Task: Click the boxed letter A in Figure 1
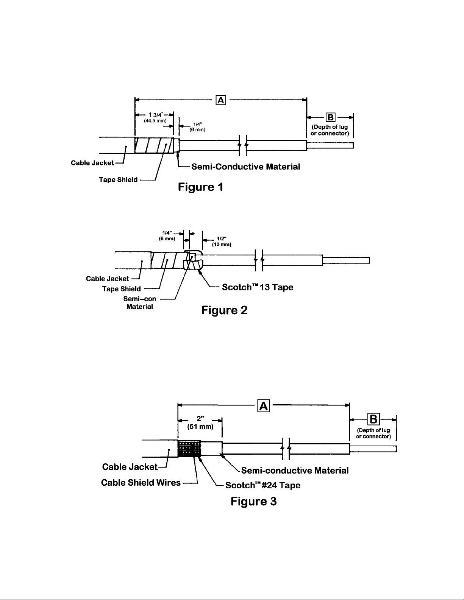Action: tap(221, 100)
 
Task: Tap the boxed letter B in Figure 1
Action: tap(330, 117)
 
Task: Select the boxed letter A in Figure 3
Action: tap(264, 405)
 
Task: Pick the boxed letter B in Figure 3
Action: tap(373, 419)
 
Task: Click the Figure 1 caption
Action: tap(200, 187)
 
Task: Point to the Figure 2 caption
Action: tap(224, 310)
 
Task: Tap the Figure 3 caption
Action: tap(253, 501)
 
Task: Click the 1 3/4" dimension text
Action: tap(156, 115)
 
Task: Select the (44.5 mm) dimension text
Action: tap(155, 121)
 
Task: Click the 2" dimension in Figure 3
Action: tap(200, 419)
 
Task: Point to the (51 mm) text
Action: tap(200, 427)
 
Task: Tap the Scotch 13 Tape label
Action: tap(258, 287)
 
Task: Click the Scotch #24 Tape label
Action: tap(262, 485)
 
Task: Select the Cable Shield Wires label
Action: tap(141, 482)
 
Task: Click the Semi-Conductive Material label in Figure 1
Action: tap(245, 167)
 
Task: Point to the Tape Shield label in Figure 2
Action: tap(122, 289)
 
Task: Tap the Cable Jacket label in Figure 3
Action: tap(130, 467)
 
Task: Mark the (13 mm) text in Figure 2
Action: tap(222, 245)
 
